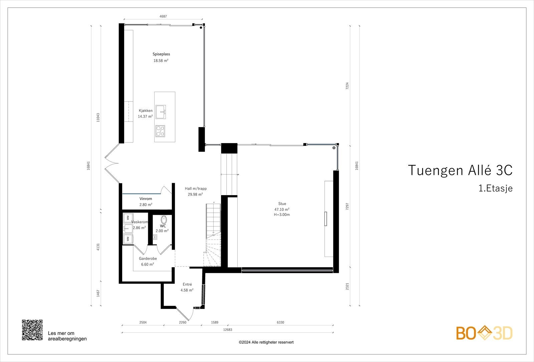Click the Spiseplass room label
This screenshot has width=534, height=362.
pos(161,54)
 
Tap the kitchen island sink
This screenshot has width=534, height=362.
pos(161,112)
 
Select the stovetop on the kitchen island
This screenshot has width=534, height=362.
pos(160,131)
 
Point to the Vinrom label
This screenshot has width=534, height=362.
pos(146,199)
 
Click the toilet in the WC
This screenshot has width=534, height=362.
pos(164,220)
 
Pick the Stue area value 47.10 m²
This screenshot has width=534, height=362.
pos(282,210)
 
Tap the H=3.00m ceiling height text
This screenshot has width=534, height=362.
pos(282,215)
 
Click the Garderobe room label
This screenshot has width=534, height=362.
pos(148,259)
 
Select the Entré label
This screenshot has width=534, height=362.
pos(187,284)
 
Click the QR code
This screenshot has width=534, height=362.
pos(32,330)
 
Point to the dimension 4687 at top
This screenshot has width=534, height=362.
pos(163,16)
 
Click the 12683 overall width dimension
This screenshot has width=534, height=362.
pos(227,330)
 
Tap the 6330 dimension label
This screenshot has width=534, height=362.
pos(280,322)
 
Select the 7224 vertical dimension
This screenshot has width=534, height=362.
pos(347,86)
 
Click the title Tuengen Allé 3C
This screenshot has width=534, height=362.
pos(460,170)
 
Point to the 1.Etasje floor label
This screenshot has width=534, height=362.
pos(495,189)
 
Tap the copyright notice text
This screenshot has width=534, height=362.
pos(266,342)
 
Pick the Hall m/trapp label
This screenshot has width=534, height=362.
pos(196,189)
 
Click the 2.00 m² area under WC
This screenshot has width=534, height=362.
pos(162,231)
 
